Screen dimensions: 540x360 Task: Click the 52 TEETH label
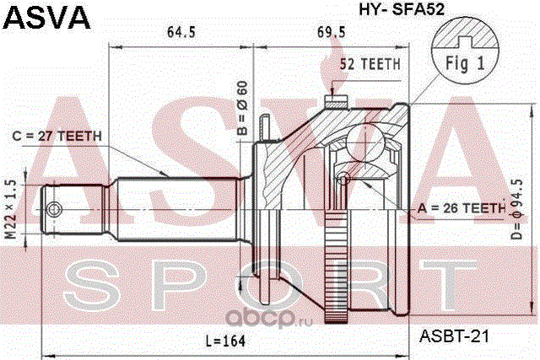[370, 64]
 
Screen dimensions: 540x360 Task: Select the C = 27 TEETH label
[57, 137]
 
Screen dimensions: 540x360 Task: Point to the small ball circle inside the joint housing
[345, 179]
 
